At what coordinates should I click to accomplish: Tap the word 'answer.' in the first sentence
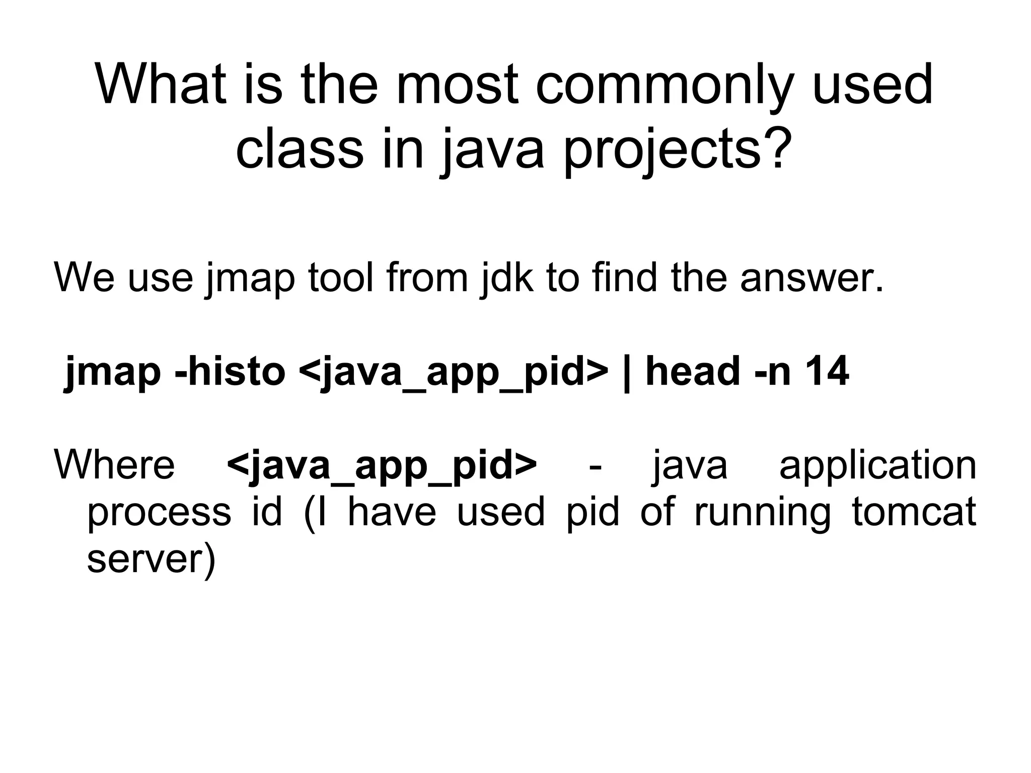point(812,277)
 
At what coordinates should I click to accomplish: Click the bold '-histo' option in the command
point(230,371)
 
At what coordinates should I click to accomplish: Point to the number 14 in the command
point(828,371)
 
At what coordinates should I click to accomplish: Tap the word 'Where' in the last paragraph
point(114,464)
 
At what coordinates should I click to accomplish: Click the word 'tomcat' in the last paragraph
point(914,512)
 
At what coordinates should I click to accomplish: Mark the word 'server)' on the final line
point(151,559)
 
